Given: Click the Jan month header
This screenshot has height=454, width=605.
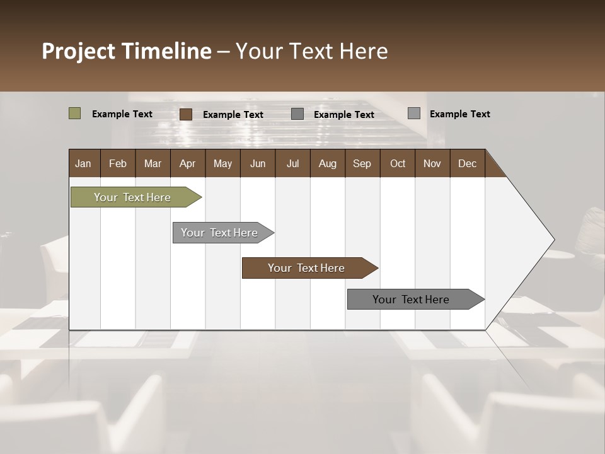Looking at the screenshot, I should click(x=84, y=163).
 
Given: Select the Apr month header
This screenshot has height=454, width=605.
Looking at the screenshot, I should click(x=188, y=163).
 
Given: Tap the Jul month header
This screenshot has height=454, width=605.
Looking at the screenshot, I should click(x=292, y=163).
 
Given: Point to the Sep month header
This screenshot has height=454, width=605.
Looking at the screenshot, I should click(x=362, y=163).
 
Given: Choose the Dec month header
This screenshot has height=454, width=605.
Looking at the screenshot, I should click(x=467, y=163).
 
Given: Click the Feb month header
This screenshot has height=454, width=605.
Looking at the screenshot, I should click(x=118, y=163).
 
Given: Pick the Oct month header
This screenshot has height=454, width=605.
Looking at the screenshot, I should click(x=398, y=163).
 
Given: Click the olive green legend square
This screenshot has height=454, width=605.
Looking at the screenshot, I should click(x=74, y=113).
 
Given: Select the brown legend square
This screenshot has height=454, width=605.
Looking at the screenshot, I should click(x=186, y=114).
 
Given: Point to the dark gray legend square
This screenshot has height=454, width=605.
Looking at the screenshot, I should click(x=297, y=114).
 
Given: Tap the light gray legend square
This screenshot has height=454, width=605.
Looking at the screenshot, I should click(x=414, y=113).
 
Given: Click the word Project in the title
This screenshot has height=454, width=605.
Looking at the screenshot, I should click(x=79, y=51).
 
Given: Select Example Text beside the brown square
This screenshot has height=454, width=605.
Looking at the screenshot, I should click(x=233, y=115).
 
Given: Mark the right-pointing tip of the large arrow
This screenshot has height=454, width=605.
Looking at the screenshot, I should click(x=553, y=240).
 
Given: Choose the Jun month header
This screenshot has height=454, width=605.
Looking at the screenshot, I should click(x=258, y=163).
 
